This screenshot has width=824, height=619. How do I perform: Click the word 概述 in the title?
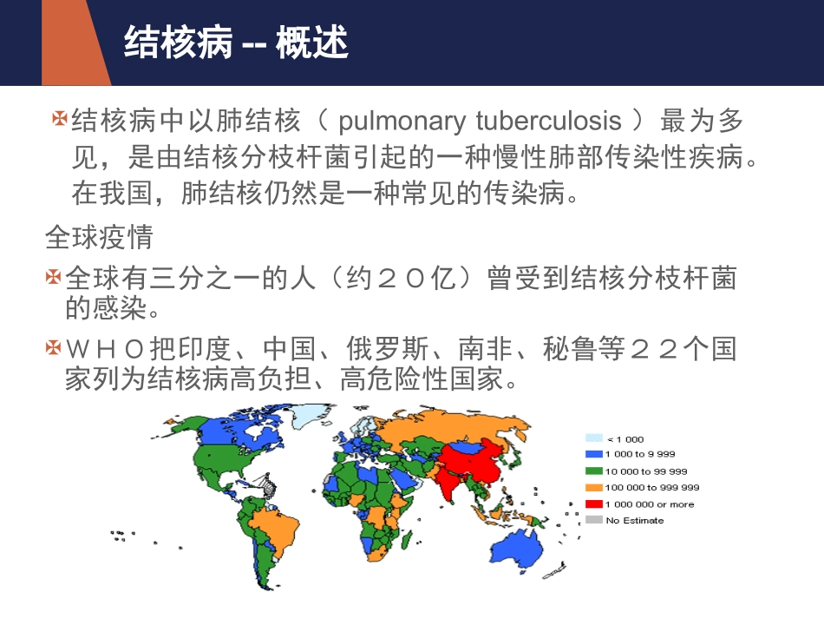pyautogui.click(x=312, y=43)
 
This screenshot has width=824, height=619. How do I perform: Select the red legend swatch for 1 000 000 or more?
pyautogui.click(x=593, y=504)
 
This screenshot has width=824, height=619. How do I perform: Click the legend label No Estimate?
pyautogui.click(x=635, y=520)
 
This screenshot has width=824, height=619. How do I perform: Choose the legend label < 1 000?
pyautogui.click(x=625, y=439)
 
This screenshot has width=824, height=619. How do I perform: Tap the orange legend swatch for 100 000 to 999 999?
pyautogui.click(x=593, y=487)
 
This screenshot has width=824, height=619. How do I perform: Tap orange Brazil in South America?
pyautogui.click(x=275, y=525)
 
